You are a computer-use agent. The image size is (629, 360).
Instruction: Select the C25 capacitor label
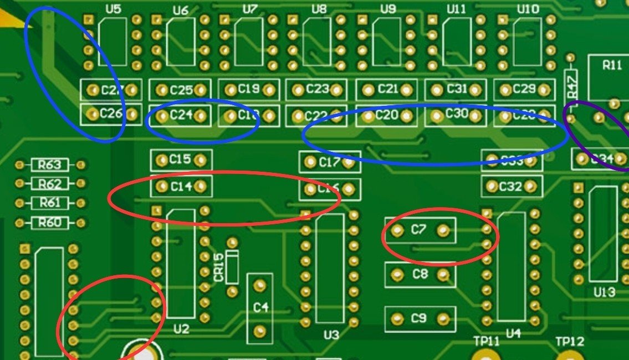(181, 90)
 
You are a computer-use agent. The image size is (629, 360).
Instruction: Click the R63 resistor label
(50, 164)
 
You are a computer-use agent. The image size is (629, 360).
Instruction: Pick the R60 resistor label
(50, 223)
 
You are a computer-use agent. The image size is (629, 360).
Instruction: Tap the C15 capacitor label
(181, 160)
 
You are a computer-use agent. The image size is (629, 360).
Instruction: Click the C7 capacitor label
(420, 229)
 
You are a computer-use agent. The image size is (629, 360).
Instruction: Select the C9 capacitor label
(420, 318)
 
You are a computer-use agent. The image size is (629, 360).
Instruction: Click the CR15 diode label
(218, 267)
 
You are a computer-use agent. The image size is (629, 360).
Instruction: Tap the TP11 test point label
(486, 342)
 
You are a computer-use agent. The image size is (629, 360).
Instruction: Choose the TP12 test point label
(570, 342)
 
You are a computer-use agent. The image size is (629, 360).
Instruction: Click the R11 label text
(612, 65)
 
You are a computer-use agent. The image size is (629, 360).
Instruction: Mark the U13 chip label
(604, 292)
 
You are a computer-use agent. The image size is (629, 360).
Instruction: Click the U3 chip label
(331, 335)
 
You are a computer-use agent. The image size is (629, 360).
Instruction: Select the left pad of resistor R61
(21, 203)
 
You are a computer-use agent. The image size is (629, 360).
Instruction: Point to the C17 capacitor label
(329, 162)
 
